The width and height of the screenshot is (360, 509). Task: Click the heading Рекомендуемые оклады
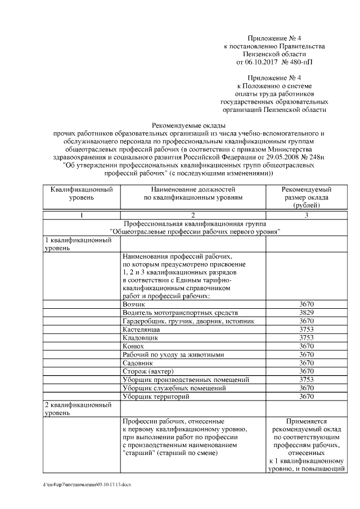188,125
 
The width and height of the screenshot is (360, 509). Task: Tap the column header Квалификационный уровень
82,194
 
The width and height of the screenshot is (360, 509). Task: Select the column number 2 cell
192,215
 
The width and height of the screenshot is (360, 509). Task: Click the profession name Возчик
133,304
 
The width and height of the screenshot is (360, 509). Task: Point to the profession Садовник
137,363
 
